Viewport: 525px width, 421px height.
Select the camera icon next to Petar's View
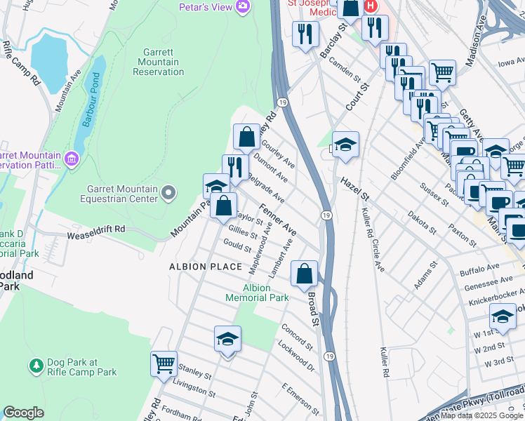pyautogui.click(x=243, y=7)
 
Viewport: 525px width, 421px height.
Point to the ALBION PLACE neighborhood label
pyautogui.click(x=196, y=267)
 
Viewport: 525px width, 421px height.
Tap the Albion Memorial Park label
pyautogui.click(x=257, y=293)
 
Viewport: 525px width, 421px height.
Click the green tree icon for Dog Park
pyautogui.click(x=36, y=366)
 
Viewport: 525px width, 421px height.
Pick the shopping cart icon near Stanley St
pyautogui.click(x=164, y=363)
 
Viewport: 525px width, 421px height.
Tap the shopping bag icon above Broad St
pyautogui.click(x=305, y=274)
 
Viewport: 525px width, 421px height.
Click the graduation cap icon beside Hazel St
pyautogui.click(x=345, y=144)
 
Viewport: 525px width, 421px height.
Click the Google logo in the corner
pyautogui.click(x=23, y=413)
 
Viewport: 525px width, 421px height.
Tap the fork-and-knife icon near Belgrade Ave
pyautogui.click(x=235, y=167)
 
